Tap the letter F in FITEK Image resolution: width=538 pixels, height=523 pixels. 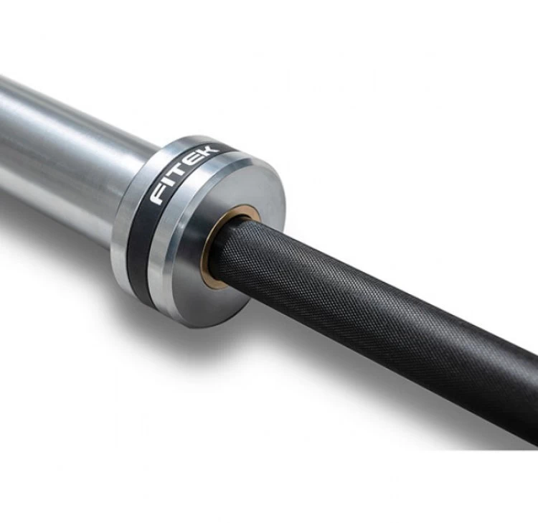click(x=159, y=195)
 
